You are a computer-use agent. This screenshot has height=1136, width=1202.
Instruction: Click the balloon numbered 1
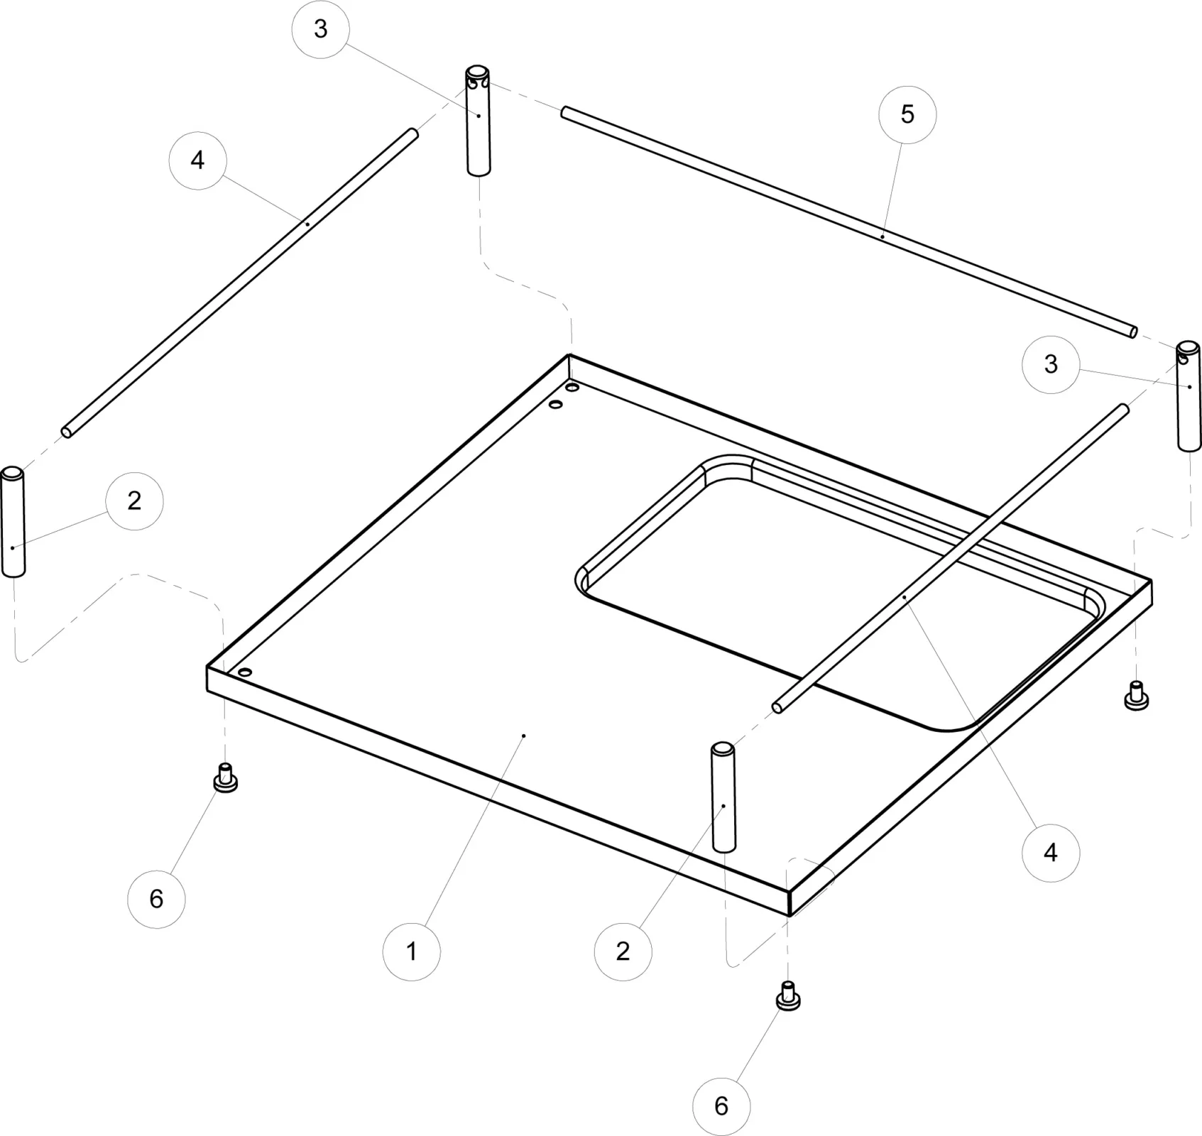pyautogui.click(x=411, y=951)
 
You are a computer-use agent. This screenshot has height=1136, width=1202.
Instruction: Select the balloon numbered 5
pyautogui.click(x=907, y=115)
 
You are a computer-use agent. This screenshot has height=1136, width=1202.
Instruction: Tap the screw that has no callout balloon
pyautogui.click(x=1137, y=696)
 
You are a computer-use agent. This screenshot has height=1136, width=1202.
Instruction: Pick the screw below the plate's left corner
pyautogui.click(x=225, y=778)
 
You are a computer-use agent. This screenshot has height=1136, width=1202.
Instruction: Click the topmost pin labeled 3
pyautogui.click(x=479, y=121)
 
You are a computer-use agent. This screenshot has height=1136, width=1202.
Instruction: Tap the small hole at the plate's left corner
pyautogui.click(x=245, y=672)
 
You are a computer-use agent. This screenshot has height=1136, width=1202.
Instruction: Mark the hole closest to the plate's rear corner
pyautogui.click(x=572, y=388)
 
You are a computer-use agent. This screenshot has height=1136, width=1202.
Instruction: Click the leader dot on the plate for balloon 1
pyautogui.click(x=523, y=736)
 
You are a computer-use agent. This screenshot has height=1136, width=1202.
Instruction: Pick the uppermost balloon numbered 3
pyautogui.click(x=320, y=29)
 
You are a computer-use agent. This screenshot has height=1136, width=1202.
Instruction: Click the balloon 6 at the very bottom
pyautogui.click(x=721, y=1105)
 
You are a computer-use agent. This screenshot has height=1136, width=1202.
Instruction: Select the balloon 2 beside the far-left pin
pyautogui.click(x=134, y=501)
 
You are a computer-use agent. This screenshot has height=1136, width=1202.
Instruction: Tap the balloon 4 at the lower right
pyautogui.click(x=1050, y=852)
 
